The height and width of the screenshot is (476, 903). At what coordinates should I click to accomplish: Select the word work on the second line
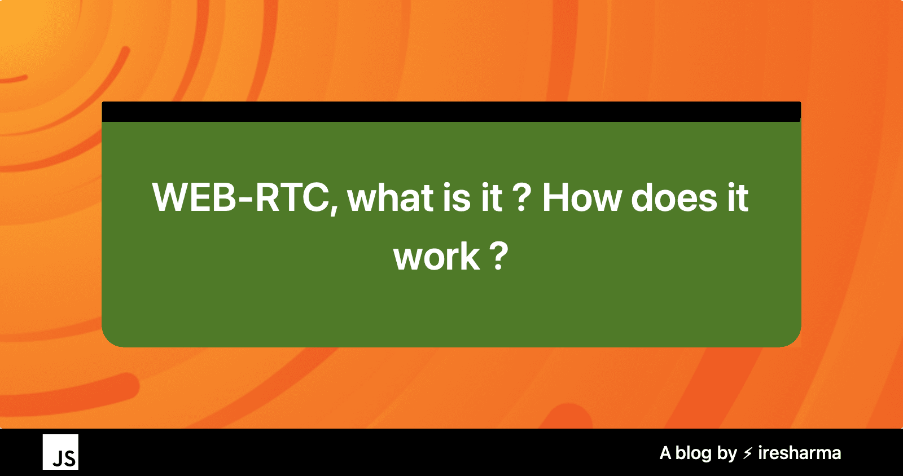436,257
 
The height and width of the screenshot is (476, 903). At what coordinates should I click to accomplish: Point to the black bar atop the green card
451,112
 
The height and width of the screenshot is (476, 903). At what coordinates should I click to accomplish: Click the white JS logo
60,452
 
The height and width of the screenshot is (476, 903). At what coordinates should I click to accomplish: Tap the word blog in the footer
694,453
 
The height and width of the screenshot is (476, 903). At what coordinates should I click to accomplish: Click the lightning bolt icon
748,453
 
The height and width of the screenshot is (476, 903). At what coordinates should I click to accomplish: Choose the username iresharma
799,453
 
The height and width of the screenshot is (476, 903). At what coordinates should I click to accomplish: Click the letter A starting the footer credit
665,453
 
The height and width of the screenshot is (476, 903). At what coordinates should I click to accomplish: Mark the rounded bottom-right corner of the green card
790,337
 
